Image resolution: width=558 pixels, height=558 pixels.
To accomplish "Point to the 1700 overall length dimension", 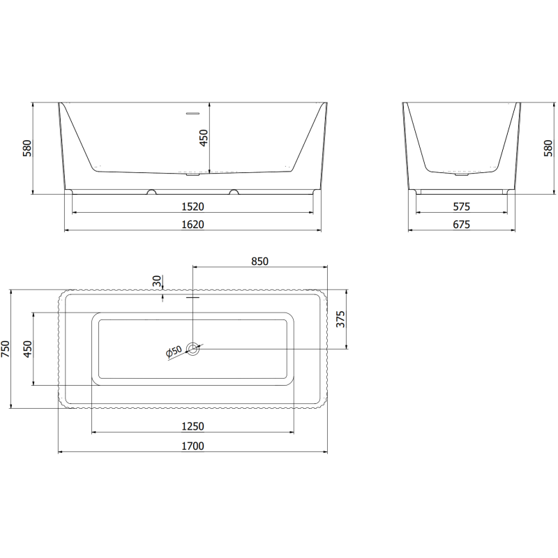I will click(193, 446).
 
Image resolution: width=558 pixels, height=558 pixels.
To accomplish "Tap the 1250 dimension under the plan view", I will click(193, 426).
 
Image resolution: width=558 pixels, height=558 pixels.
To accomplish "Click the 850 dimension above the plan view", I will click(259, 262).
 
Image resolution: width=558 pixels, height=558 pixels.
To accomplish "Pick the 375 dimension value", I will click(340, 319).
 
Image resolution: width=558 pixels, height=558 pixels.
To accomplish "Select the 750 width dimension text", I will click(6, 349).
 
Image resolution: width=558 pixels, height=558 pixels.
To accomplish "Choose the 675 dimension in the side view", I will click(461, 224).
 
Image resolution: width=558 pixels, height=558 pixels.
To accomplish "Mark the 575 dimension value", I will click(461, 206).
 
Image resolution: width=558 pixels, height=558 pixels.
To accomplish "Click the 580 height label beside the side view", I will click(548, 148).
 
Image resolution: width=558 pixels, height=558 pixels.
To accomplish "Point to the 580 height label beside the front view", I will click(27, 148).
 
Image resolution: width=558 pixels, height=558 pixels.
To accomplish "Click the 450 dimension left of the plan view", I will click(27, 349).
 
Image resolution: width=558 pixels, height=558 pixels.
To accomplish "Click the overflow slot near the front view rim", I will click(192, 112).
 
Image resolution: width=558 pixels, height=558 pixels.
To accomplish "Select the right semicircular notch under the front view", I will click(233, 191).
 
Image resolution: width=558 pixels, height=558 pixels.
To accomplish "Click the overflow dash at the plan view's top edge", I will click(193, 297).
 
